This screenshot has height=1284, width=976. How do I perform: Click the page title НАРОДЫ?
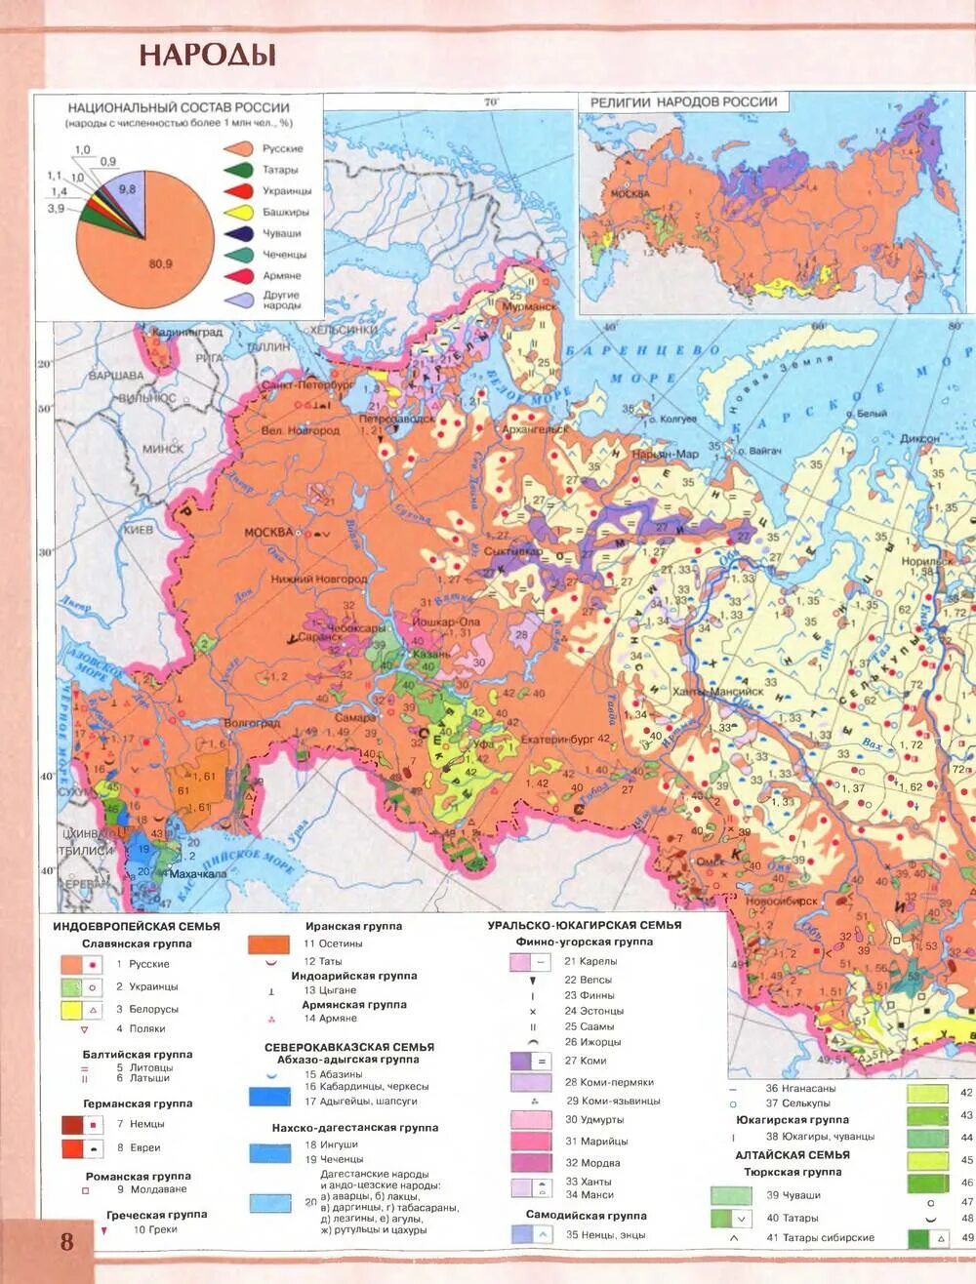(207, 54)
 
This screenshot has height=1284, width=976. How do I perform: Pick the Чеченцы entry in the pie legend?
(284, 255)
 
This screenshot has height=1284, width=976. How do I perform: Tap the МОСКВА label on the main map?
(268, 532)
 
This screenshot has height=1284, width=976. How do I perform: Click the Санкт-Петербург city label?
(306, 385)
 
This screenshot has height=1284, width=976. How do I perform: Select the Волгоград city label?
(252, 723)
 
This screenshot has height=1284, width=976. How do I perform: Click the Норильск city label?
(926, 562)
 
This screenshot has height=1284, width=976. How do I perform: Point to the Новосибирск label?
(781, 902)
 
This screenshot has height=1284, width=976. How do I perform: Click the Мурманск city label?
(528, 306)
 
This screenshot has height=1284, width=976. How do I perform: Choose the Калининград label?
(187, 333)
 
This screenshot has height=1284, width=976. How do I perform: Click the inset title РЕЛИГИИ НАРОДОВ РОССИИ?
(683, 101)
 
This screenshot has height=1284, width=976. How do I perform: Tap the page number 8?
(66, 1241)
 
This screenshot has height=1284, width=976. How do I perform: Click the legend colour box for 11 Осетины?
(268, 944)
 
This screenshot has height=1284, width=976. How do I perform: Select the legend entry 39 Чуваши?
(793, 1195)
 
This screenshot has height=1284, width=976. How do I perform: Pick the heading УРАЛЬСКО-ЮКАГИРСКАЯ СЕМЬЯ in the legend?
(585, 925)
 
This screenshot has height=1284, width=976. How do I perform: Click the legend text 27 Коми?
(586, 1061)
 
